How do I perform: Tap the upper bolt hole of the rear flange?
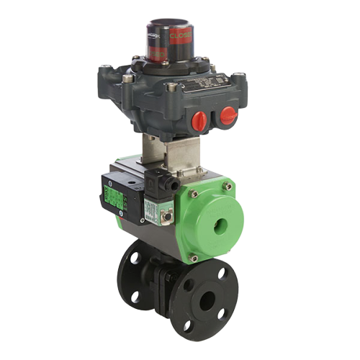pyautogui.click(x=132, y=258)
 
